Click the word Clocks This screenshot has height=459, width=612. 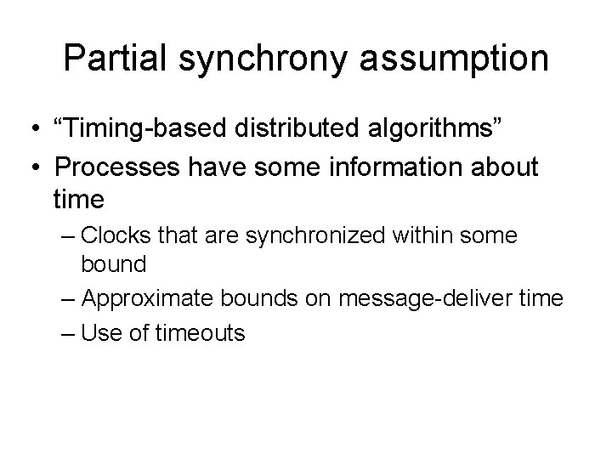[116, 235]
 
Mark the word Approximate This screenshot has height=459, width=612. [153, 298]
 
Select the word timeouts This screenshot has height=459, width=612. [201, 332]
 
